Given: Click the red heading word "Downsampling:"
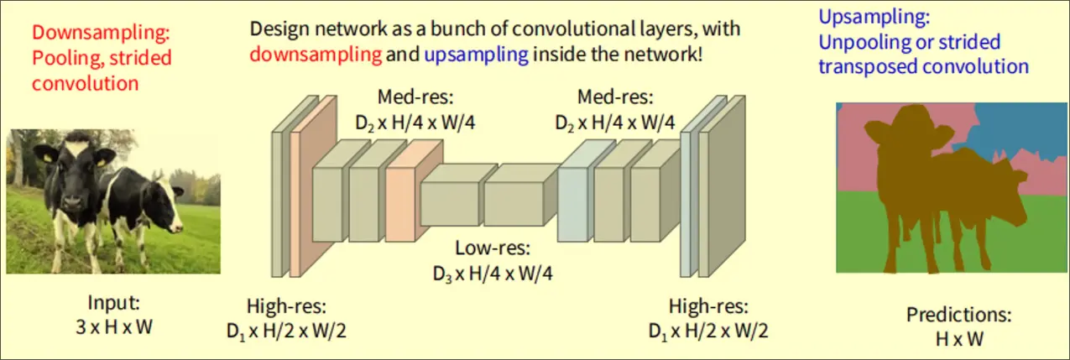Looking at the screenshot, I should [x=100, y=34].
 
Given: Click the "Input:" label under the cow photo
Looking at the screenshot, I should [x=113, y=304].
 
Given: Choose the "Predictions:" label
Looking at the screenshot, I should [x=958, y=316].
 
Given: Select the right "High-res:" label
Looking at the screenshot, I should [x=707, y=305].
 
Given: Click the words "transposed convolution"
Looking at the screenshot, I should [x=923, y=66].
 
